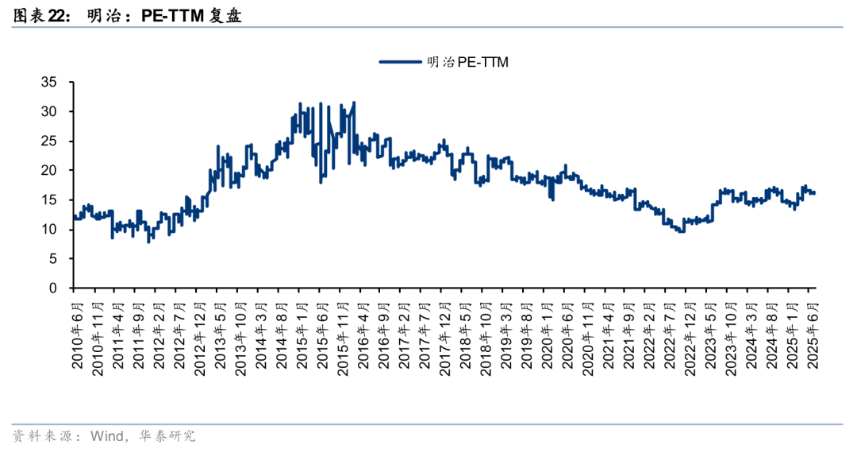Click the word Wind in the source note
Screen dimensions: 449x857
(108, 435)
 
